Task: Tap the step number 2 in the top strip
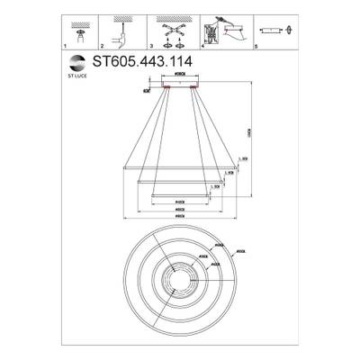coord(103,44)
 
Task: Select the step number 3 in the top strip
coord(152,44)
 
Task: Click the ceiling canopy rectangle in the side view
coord(179,83)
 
